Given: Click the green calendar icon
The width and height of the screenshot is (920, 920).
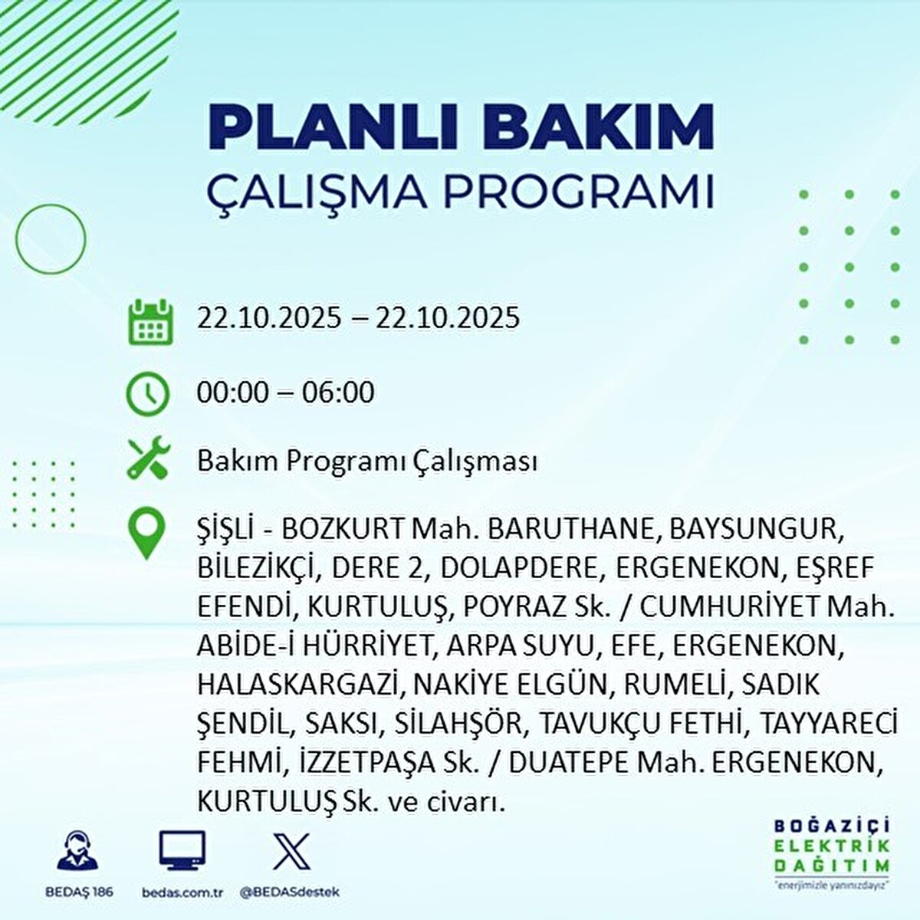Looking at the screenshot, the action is click(x=151, y=322).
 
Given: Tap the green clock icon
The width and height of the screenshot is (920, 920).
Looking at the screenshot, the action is click(x=147, y=394).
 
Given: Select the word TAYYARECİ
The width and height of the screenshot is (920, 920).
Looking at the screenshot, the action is click(x=827, y=724).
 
